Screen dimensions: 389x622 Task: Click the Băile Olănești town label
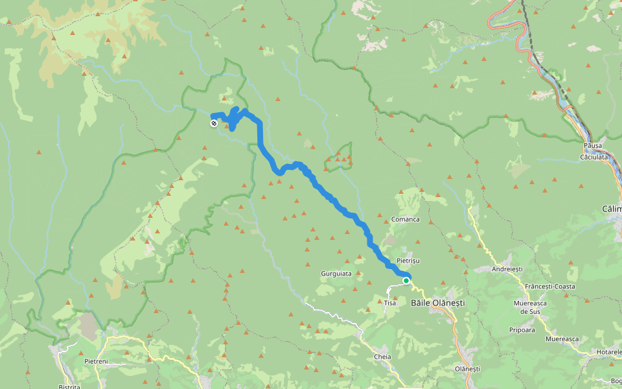[x=438, y=303]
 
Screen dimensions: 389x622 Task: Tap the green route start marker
[x=406, y=281]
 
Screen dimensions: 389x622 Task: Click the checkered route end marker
[x=214, y=123]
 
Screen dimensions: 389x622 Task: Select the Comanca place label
[x=405, y=219]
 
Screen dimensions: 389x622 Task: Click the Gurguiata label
[x=336, y=274]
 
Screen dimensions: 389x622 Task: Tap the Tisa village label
[x=390, y=303]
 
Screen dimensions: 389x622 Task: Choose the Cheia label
[x=382, y=357]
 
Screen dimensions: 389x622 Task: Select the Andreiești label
[x=507, y=268]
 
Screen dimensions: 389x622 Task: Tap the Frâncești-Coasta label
[x=550, y=286]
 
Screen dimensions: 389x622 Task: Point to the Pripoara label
[x=522, y=330]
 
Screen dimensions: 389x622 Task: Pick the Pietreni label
[x=96, y=361]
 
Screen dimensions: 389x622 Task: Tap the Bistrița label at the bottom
[x=69, y=387]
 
